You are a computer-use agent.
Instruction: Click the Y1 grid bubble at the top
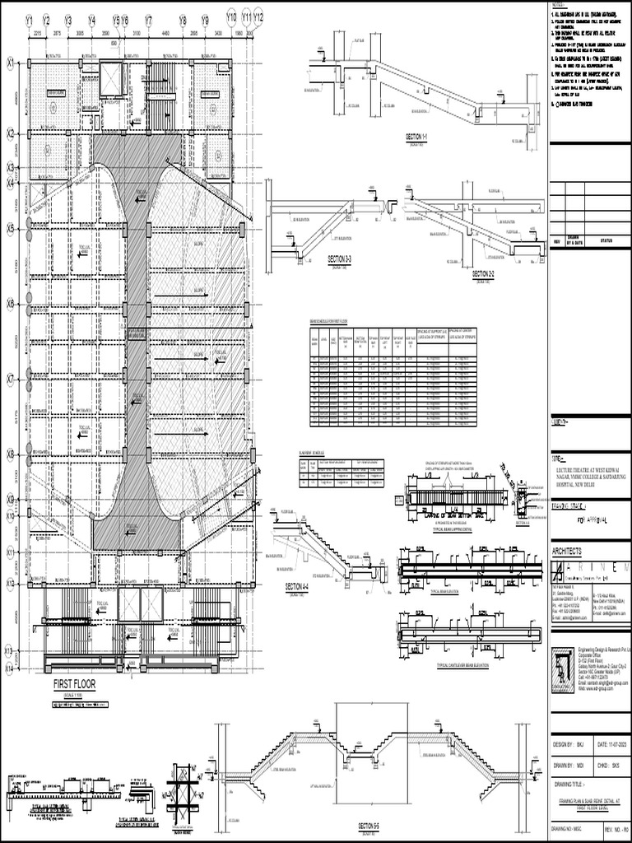click(29, 20)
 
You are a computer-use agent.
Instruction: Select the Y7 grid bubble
click(148, 20)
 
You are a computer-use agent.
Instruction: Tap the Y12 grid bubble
click(258, 16)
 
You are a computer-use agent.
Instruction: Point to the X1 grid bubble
click(11, 62)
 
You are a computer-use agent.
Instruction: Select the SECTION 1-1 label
click(425, 136)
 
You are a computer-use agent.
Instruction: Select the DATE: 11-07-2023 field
click(611, 745)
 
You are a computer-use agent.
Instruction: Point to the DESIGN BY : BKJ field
click(577, 745)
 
